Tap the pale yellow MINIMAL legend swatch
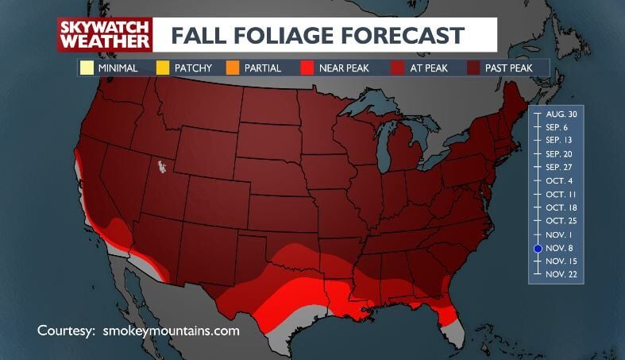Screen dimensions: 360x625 [x=87, y=68]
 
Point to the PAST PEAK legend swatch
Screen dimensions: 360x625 [x=473, y=68]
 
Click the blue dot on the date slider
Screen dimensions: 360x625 [x=538, y=248]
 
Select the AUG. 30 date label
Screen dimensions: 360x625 [x=561, y=113]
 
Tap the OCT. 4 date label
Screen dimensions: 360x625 [x=561, y=180]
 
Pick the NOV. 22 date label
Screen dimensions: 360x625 [x=561, y=274]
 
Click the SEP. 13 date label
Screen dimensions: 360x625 [x=561, y=140]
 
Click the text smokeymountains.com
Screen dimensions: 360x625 [x=171, y=330]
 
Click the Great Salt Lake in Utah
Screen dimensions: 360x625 [x=163, y=167]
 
